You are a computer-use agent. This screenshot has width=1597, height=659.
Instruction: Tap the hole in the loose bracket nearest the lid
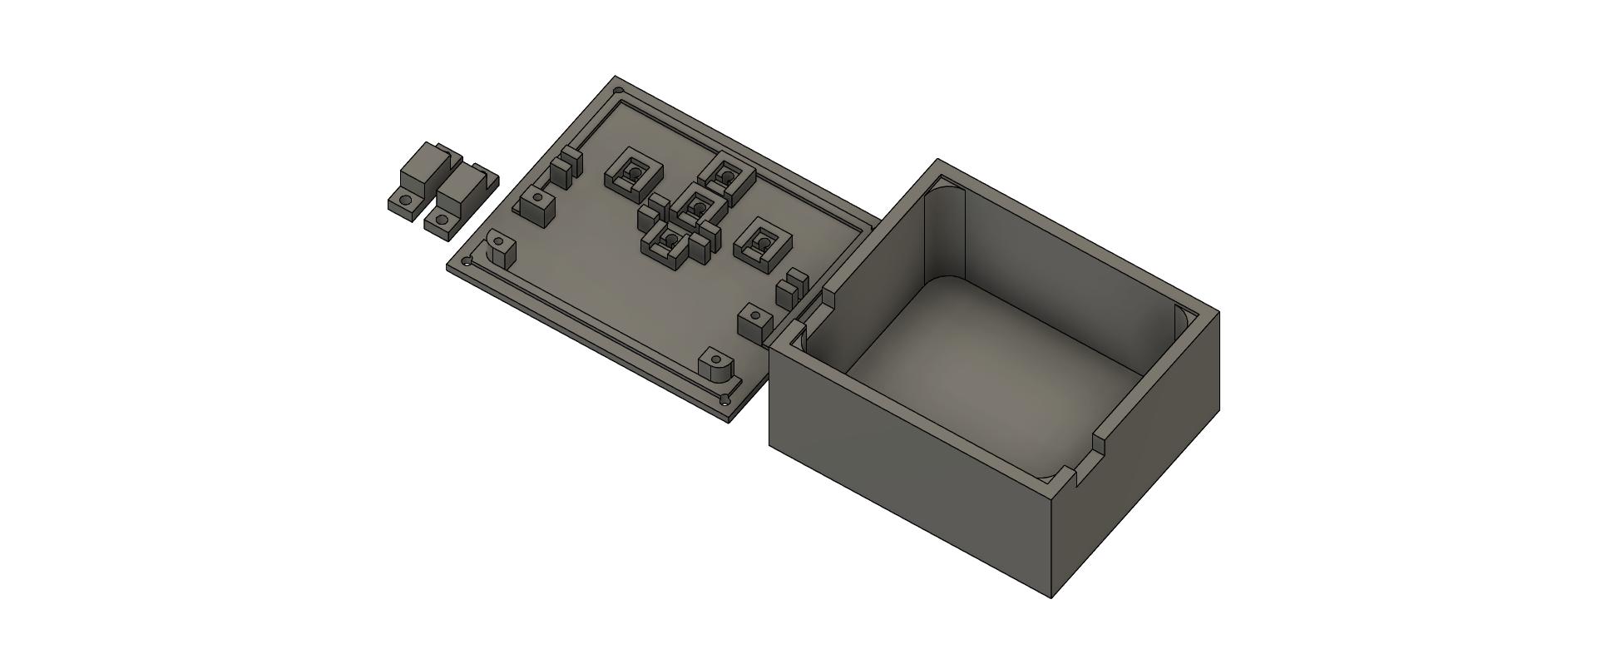click(441, 221)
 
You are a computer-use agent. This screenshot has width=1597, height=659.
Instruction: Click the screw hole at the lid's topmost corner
click(618, 91)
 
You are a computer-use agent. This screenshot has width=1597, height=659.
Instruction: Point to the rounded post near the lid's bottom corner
click(717, 364)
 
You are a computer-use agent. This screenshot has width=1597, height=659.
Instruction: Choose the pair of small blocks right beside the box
click(791, 287)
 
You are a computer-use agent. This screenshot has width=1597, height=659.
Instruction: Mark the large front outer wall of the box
click(907, 466)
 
